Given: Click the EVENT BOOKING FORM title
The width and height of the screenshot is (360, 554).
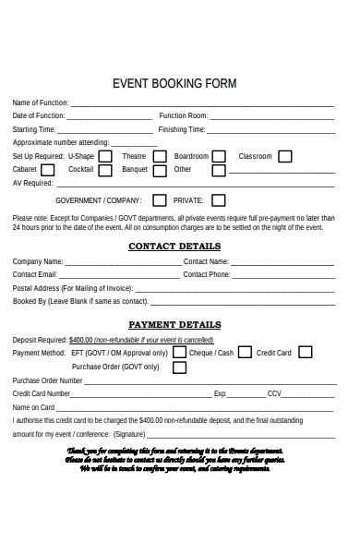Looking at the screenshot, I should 174,83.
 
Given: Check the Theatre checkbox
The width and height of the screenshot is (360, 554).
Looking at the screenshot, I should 160,157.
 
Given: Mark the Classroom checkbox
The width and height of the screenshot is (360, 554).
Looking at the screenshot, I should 285,157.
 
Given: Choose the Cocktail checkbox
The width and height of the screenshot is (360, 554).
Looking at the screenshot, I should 105,171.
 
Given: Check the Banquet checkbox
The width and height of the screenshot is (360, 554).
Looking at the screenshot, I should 160,171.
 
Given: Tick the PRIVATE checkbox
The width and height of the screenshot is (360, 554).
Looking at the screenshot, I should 218,199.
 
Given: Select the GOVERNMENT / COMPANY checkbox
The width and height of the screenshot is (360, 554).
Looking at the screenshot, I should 160,199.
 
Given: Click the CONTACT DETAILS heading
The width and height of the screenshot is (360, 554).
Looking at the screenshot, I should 174,247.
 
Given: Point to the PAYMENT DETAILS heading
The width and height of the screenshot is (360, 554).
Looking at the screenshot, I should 174,325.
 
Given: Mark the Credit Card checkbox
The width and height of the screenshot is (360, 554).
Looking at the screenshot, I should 305,352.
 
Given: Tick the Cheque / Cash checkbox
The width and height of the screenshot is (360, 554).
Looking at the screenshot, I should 245,352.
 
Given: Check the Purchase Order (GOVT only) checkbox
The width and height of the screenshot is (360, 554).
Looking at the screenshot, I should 179,367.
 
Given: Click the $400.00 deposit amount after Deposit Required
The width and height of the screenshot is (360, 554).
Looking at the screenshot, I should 81,339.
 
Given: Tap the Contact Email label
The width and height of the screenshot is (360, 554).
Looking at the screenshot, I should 35,274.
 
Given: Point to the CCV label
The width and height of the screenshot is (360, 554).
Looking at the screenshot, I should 274,393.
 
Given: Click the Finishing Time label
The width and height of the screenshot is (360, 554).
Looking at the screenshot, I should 183,130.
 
